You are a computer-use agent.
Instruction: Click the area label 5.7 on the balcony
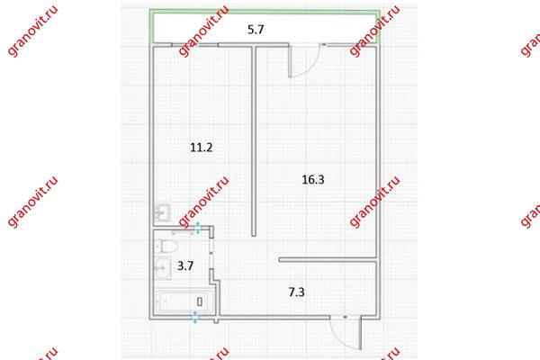click(256, 30)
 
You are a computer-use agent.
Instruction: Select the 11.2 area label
click(202, 148)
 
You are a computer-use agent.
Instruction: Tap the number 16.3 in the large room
click(313, 179)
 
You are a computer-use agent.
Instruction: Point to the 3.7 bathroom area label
click(185, 265)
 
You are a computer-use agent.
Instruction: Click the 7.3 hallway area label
click(296, 292)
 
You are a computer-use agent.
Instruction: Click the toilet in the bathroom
click(166, 246)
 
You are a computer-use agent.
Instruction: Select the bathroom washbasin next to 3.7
click(162, 267)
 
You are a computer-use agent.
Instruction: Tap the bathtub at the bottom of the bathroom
click(184, 302)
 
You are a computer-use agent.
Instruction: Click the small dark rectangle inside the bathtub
click(200, 301)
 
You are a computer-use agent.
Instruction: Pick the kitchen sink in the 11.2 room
click(162, 212)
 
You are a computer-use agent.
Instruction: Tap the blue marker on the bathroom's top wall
click(198, 228)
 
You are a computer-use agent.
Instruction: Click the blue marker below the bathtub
click(195, 317)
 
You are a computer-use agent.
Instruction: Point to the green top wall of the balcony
click(265, 12)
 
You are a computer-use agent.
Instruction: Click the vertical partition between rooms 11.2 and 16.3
click(254, 140)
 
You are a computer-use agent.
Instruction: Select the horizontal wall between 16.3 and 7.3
click(328, 260)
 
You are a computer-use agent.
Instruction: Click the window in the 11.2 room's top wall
click(194, 44)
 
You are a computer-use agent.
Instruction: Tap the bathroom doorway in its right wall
click(211, 254)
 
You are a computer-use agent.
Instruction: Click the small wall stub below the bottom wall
click(216, 321)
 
